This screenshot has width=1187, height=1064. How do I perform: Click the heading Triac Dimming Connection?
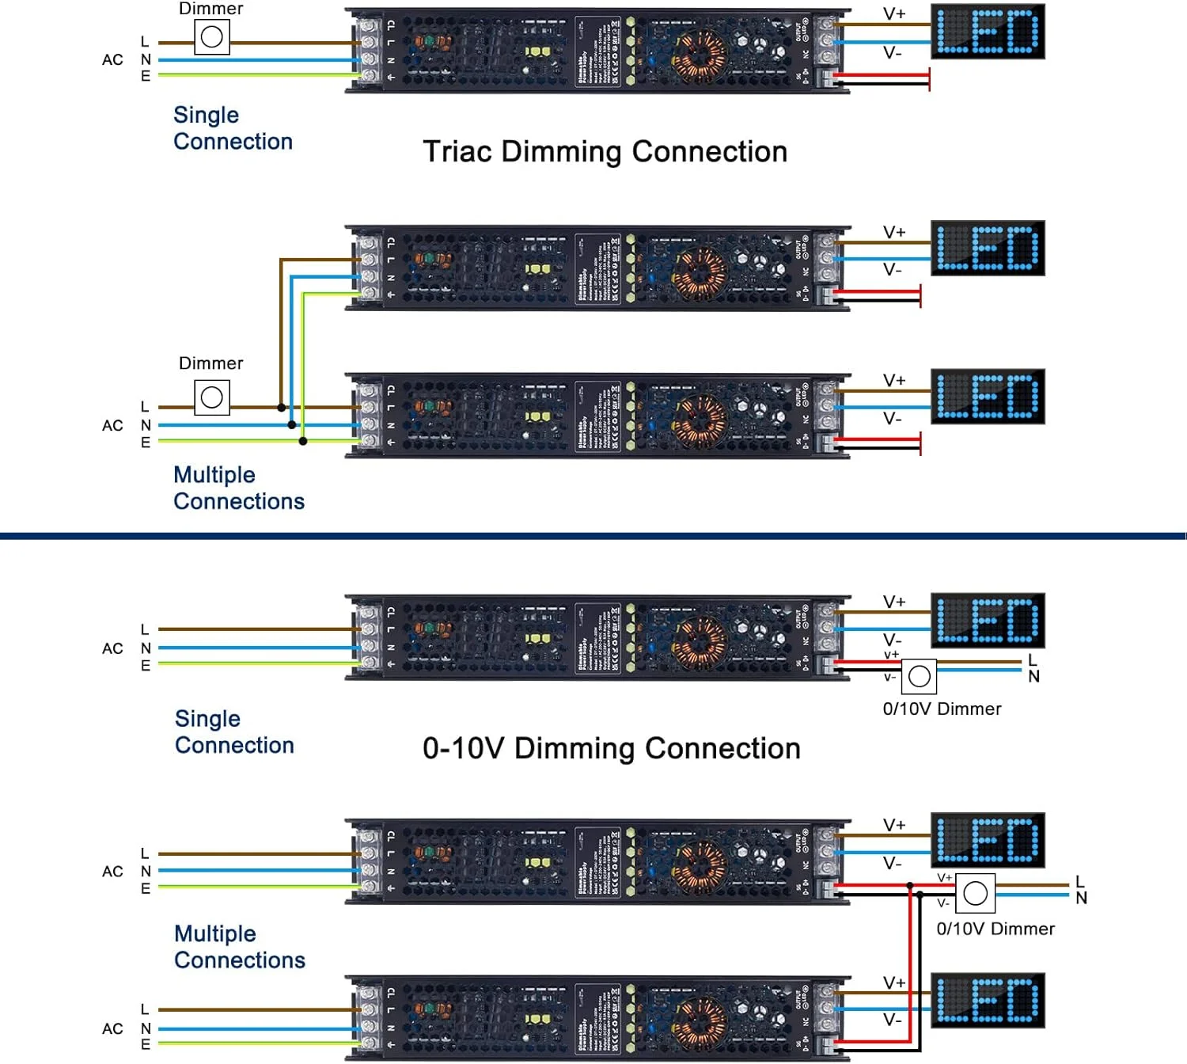click(605, 151)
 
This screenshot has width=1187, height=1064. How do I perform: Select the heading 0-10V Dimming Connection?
click(611, 748)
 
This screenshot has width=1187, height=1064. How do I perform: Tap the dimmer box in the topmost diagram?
click(212, 37)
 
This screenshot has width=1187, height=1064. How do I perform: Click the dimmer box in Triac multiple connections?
click(212, 397)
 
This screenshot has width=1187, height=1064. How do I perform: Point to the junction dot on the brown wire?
click(281, 408)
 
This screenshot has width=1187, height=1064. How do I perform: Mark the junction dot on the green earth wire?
click(303, 441)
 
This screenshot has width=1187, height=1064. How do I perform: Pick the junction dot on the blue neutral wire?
click(292, 425)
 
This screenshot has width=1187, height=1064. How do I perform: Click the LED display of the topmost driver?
click(988, 32)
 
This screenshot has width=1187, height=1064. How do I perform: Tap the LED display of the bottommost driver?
click(988, 1001)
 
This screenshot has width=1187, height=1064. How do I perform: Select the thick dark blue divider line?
click(593, 536)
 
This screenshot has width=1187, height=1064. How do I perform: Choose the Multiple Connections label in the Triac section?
click(238, 488)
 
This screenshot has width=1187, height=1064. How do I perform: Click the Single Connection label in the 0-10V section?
click(234, 731)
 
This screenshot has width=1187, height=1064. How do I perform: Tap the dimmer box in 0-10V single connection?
click(920, 676)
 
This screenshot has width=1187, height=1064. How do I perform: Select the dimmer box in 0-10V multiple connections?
click(975, 894)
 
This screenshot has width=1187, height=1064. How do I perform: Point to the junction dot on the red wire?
click(910, 885)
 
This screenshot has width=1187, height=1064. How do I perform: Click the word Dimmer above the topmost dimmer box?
click(211, 9)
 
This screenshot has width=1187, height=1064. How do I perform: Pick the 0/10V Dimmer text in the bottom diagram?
click(995, 929)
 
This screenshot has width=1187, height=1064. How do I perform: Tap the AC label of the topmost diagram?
click(112, 60)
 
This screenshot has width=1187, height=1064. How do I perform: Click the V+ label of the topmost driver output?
click(894, 14)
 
